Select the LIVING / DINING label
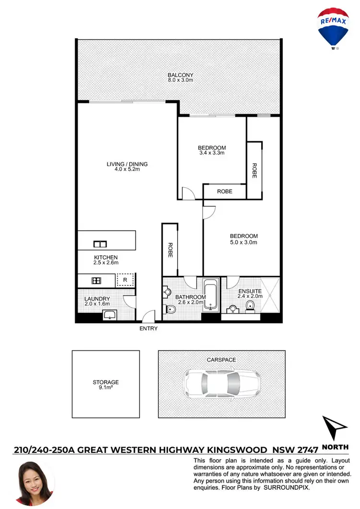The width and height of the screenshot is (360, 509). click(x=127, y=164)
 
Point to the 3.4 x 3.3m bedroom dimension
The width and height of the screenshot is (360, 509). click(x=212, y=154)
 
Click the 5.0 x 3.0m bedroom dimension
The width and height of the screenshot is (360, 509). click(x=244, y=242)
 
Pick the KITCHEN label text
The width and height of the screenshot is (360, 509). click(x=106, y=258)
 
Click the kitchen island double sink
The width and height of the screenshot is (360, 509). click(x=100, y=243)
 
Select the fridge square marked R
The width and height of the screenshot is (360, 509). click(x=125, y=280)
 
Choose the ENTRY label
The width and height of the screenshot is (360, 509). click(x=148, y=329)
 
